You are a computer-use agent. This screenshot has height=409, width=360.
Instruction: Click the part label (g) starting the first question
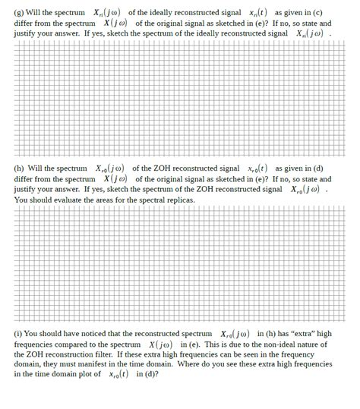[19, 13]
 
